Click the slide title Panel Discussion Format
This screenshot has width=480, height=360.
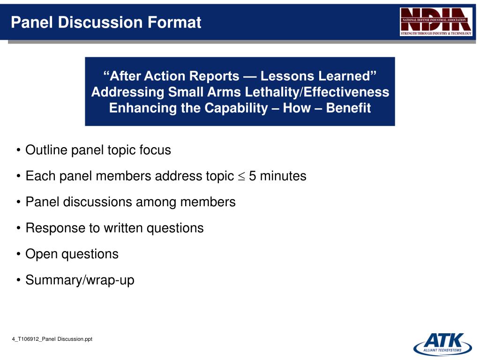point(106,22)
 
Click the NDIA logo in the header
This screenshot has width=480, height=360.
point(436,22)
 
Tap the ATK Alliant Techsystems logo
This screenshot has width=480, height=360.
point(440,344)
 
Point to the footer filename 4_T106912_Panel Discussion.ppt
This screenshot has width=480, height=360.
point(52,339)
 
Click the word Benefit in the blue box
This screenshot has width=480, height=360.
point(348,108)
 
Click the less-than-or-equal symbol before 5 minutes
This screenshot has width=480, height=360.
point(241,177)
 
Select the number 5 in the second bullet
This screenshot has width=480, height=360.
point(253,176)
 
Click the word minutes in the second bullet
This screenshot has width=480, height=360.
point(283,176)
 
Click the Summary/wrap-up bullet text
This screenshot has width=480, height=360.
point(80,280)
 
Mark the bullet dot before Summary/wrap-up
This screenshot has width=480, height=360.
point(18,281)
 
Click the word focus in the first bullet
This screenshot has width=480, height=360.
point(155,150)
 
